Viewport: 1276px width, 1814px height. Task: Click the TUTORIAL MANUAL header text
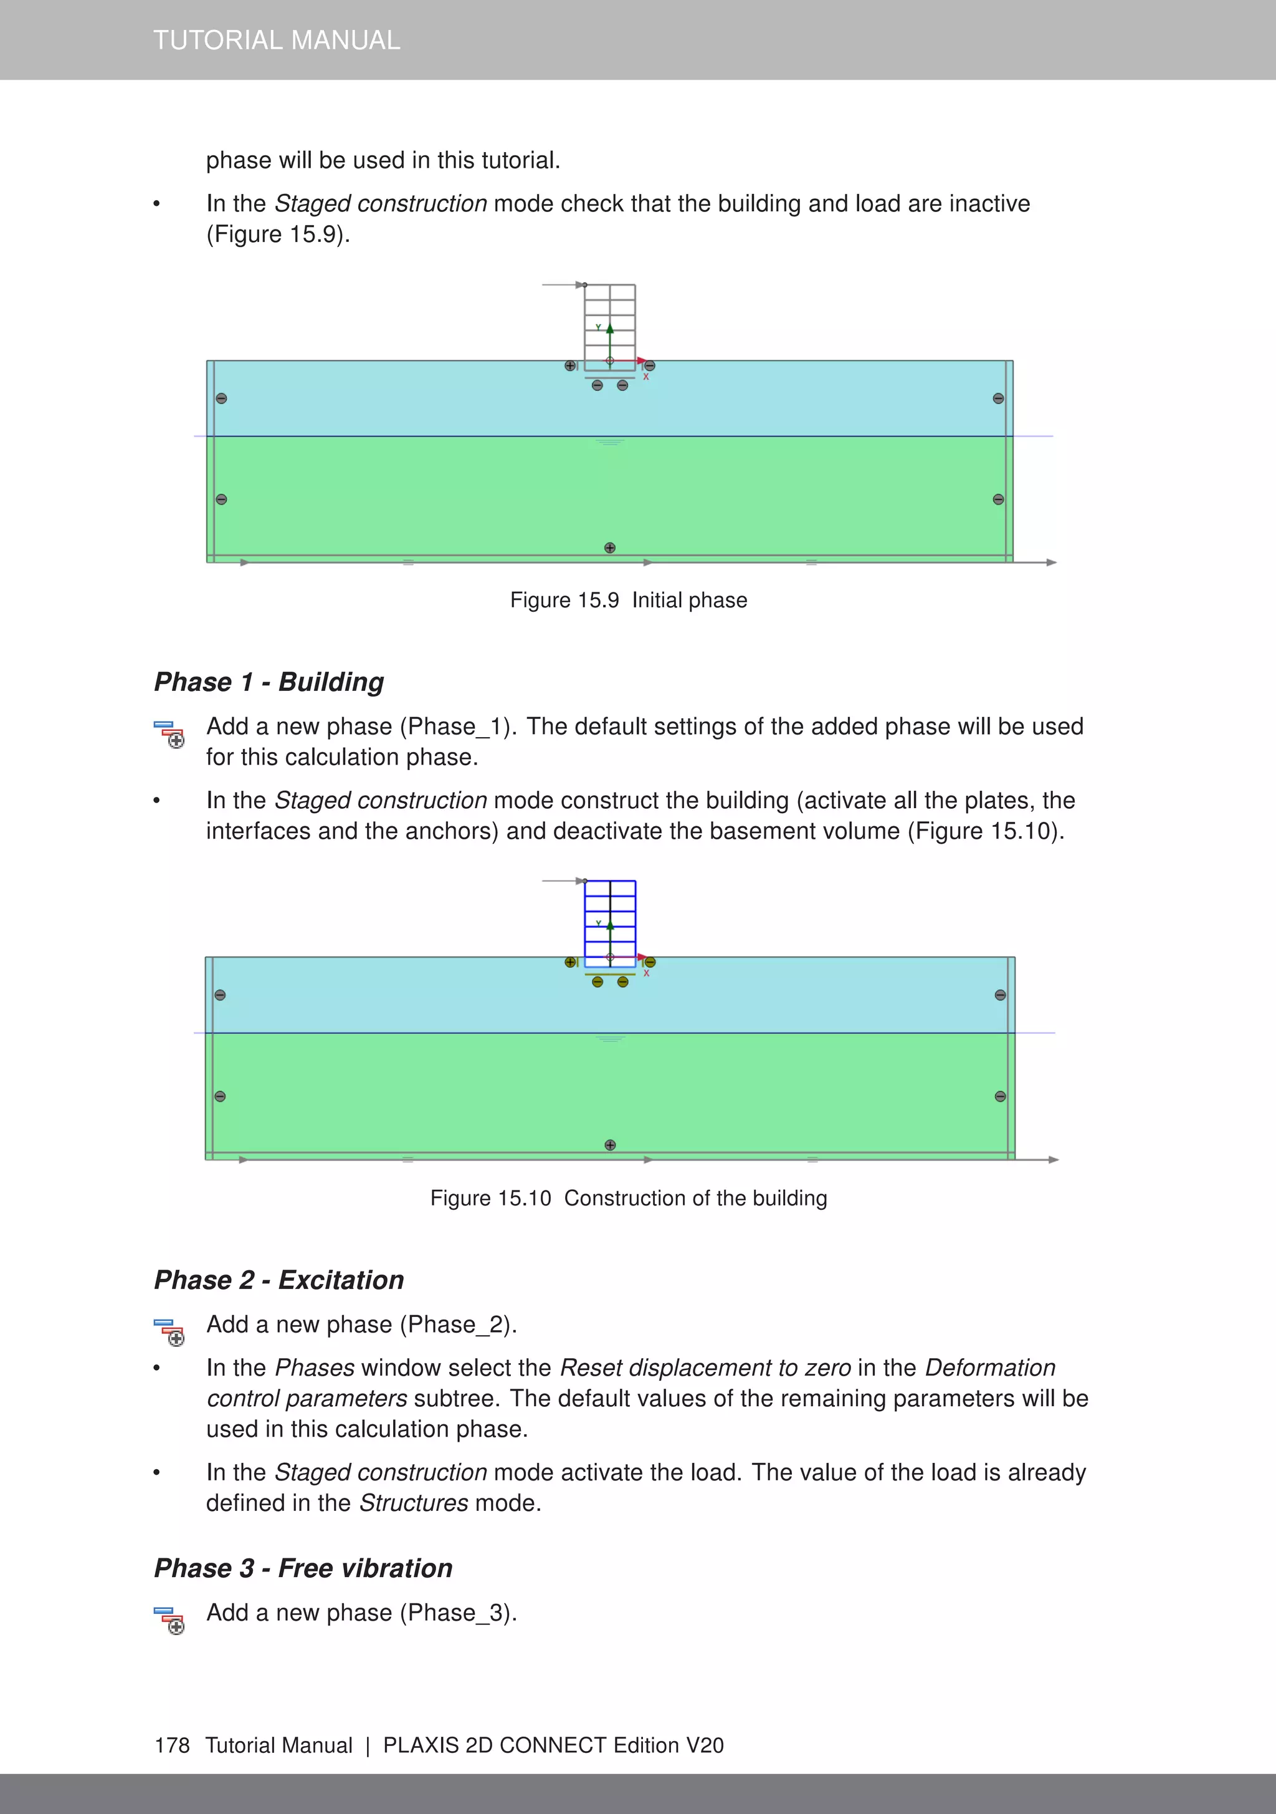(277, 41)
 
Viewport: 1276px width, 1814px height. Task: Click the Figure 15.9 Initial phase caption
(628, 601)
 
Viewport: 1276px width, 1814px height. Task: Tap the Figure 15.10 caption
(628, 1198)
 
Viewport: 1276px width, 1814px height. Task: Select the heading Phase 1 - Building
(269, 682)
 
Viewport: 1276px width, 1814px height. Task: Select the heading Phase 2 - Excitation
(279, 1280)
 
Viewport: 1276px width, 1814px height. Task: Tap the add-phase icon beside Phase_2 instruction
(169, 1331)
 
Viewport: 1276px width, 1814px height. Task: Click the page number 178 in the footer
(172, 1745)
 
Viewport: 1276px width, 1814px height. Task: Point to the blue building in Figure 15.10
(609, 923)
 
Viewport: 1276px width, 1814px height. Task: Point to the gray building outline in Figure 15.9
(609, 326)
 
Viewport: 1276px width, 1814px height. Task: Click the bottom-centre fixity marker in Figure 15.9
(609, 548)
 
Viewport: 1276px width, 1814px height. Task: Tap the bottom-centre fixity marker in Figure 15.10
(609, 1145)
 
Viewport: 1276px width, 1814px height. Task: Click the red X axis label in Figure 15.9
(646, 377)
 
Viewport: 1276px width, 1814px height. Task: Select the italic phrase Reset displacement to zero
(705, 1368)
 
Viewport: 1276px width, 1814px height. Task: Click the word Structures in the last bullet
(414, 1503)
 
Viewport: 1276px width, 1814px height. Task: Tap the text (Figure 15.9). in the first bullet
(278, 234)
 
